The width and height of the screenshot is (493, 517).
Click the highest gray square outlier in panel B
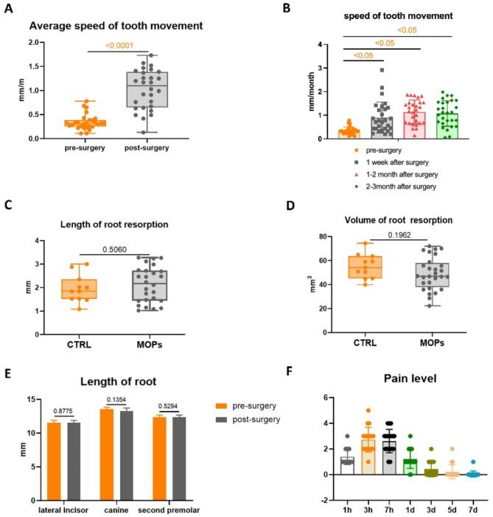[x=382, y=70]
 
